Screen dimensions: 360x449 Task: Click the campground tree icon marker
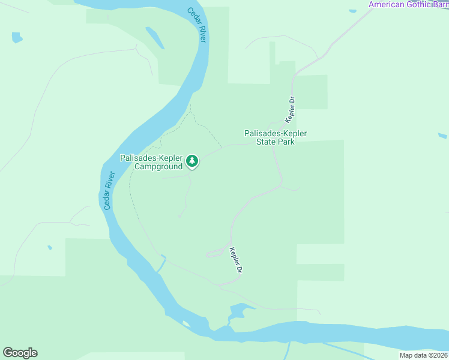(x=192, y=161)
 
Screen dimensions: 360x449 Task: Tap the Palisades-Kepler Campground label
(x=151, y=163)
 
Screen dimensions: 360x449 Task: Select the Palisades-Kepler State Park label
(x=276, y=138)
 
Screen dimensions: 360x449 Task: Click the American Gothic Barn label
(x=408, y=5)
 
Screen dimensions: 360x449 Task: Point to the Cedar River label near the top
(x=196, y=25)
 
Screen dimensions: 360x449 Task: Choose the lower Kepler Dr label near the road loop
(x=236, y=261)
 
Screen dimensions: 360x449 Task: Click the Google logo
(x=20, y=353)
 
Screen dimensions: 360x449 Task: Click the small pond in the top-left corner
(x=17, y=37)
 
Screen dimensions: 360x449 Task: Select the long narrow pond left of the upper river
(x=155, y=37)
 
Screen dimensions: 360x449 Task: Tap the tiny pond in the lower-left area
(x=50, y=247)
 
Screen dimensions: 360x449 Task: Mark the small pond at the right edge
(x=442, y=136)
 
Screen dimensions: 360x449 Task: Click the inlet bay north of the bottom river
(x=237, y=312)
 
